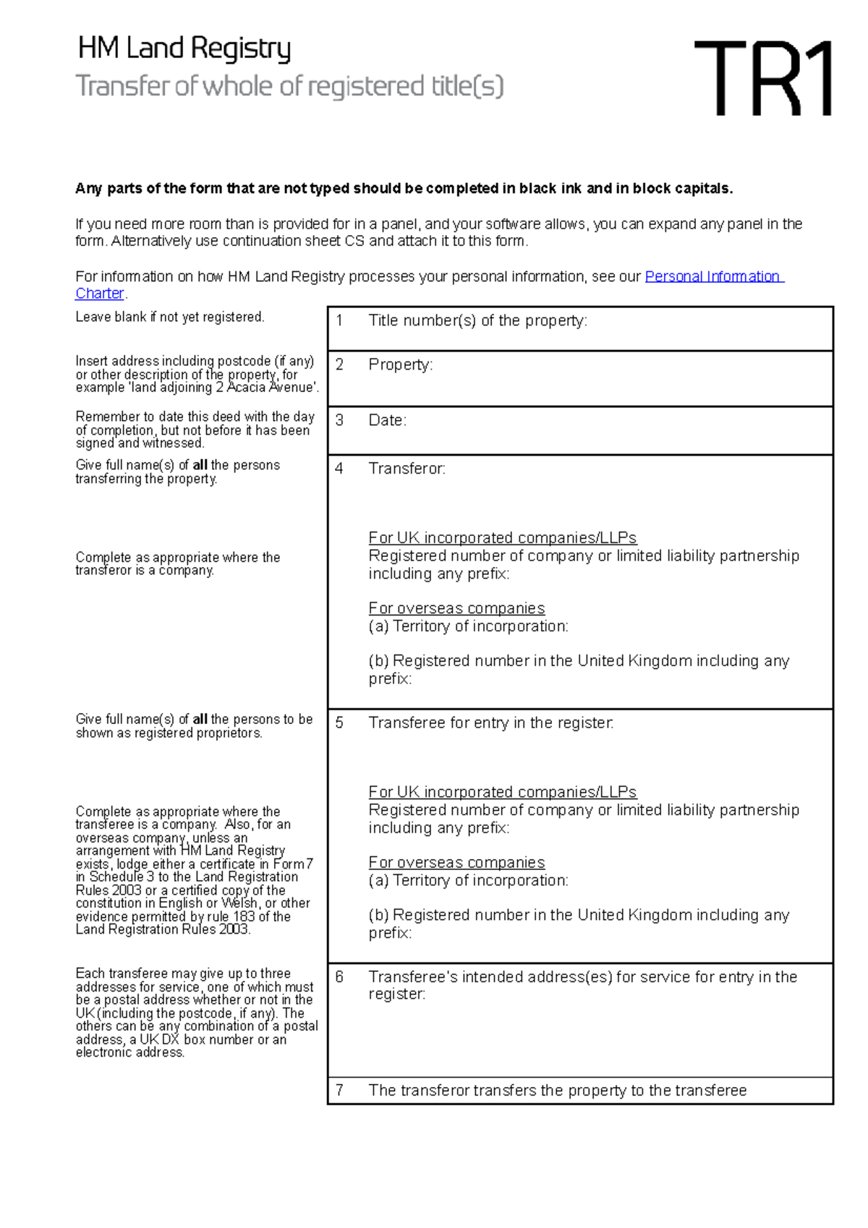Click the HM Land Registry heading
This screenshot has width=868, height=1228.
[x=184, y=48]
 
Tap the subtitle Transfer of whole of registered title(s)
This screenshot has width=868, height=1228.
[x=289, y=86]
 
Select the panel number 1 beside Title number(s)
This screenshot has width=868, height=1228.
[x=339, y=320]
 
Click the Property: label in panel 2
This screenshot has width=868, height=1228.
[x=400, y=364]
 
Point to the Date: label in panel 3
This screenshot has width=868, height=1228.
[x=387, y=420]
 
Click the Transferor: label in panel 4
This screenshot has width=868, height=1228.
[x=407, y=469]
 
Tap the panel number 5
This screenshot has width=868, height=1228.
[x=339, y=722]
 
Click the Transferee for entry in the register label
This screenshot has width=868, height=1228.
[x=490, y=722]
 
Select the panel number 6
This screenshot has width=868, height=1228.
[x=339, y=977]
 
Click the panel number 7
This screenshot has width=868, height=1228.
[x=339, y=1091]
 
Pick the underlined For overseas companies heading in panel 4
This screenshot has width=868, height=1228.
[x=456, y=608]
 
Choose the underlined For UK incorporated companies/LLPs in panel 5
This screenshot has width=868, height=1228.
[x=502, y=792]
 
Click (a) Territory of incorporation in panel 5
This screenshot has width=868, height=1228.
[x=468, y=880]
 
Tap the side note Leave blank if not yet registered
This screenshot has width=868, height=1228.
[x=170, y=317]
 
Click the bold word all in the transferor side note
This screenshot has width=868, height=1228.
[x=200, y=465]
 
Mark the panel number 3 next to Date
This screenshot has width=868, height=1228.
[x=339, y=420]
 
